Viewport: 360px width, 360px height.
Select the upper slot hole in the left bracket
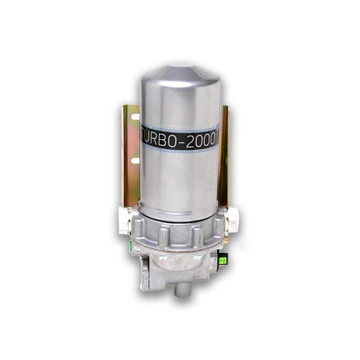(x=135, y=117)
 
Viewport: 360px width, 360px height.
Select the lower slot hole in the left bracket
(x=135, y=160)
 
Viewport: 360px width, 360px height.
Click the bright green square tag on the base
(x=223, y=260)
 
